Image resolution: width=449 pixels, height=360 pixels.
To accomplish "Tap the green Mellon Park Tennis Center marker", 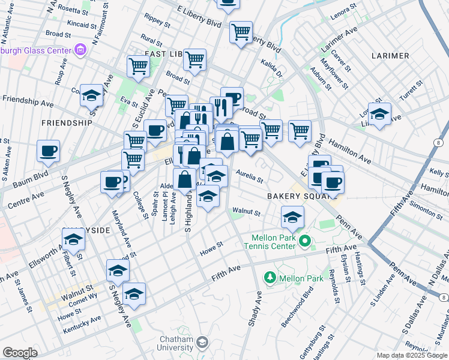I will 305,242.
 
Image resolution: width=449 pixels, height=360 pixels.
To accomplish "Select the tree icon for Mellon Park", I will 270,277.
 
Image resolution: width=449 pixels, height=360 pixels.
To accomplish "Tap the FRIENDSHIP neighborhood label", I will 67,122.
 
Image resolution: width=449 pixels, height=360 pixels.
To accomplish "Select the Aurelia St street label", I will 250,175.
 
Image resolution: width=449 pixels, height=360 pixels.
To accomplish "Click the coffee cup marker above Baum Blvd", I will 48,151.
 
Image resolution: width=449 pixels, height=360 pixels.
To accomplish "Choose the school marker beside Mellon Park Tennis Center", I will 292,217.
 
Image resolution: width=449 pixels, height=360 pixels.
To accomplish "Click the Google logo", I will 19,353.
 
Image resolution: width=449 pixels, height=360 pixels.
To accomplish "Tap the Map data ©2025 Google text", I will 412,355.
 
